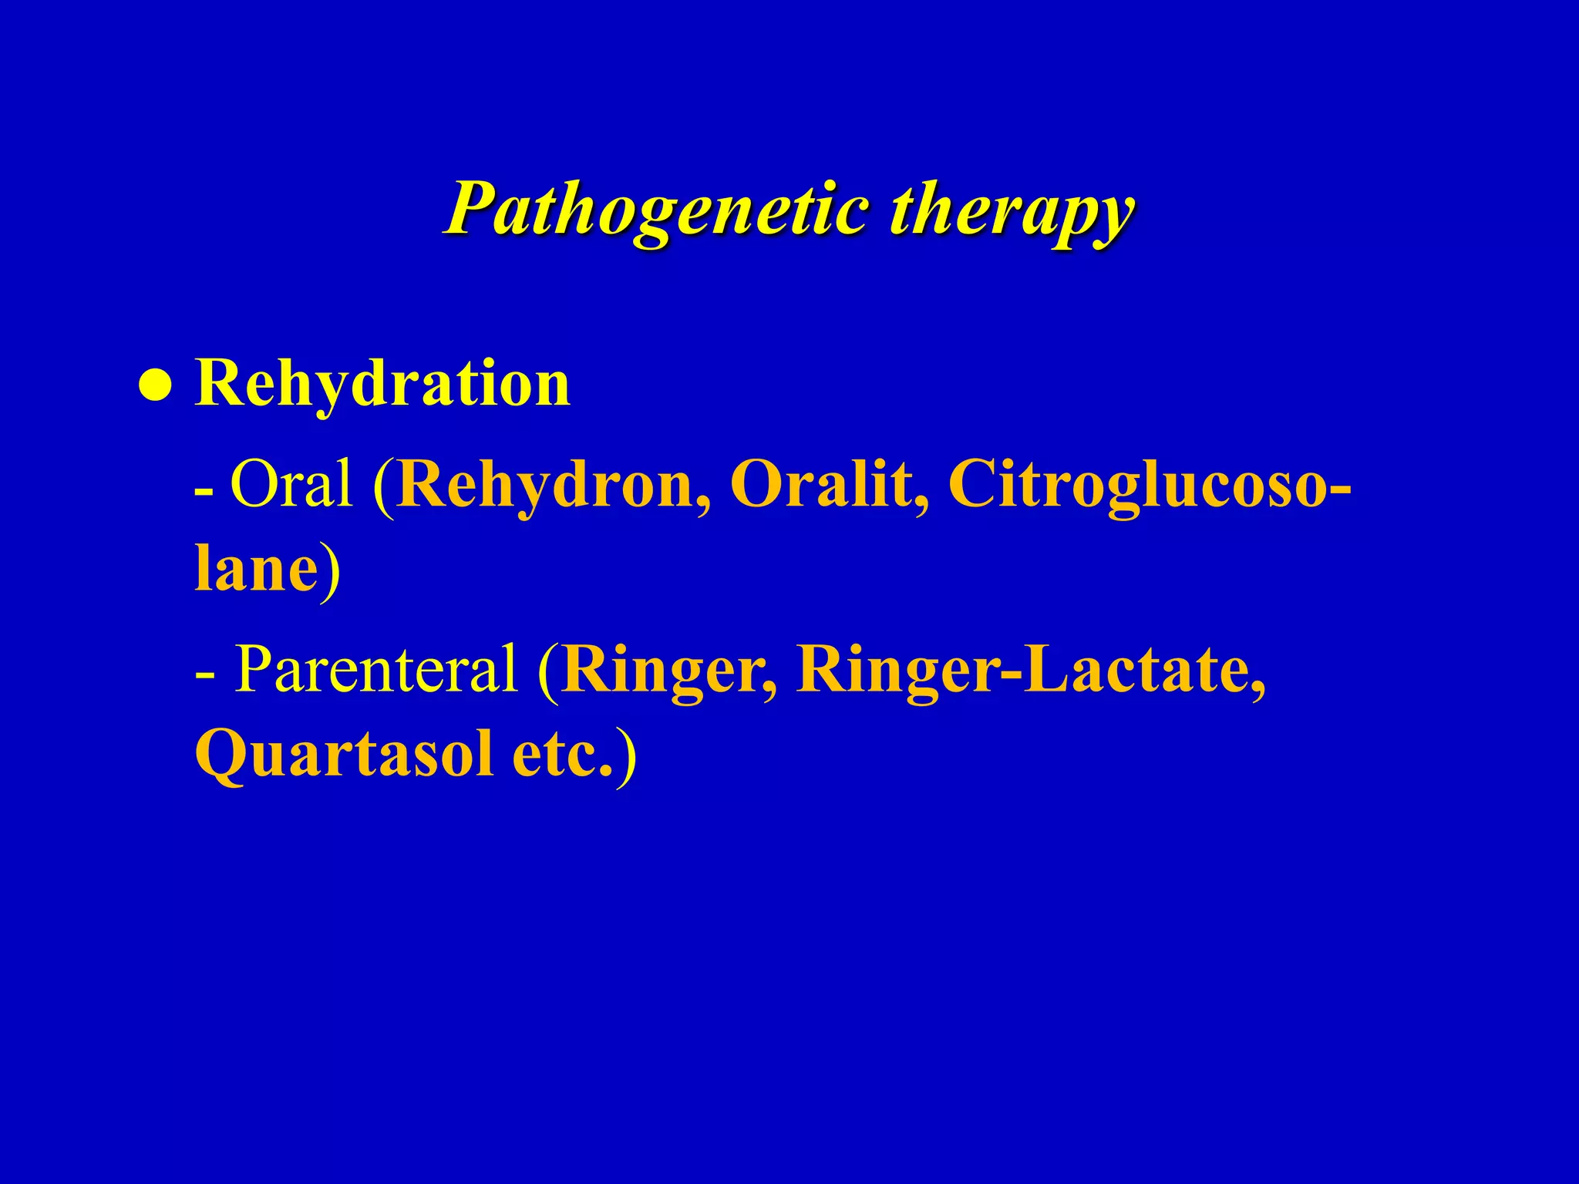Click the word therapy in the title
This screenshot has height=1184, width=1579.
tap(1011, 210)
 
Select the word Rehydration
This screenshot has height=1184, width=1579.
tap(382, 383)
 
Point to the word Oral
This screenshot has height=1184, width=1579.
tap(291, 483)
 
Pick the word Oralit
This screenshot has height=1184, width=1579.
tap(830, 483)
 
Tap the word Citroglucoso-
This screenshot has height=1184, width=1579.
tap(1149, 485)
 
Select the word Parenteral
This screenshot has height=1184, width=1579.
tap(375, 668)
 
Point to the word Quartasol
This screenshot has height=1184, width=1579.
tap(344, 755)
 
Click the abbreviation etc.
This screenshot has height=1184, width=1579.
tap(562, 755)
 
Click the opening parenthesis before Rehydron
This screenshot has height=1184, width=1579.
tap(383, 485)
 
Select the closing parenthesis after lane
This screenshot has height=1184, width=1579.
tap(330, 570)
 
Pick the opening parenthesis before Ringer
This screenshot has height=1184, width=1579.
tap(548, 670)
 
